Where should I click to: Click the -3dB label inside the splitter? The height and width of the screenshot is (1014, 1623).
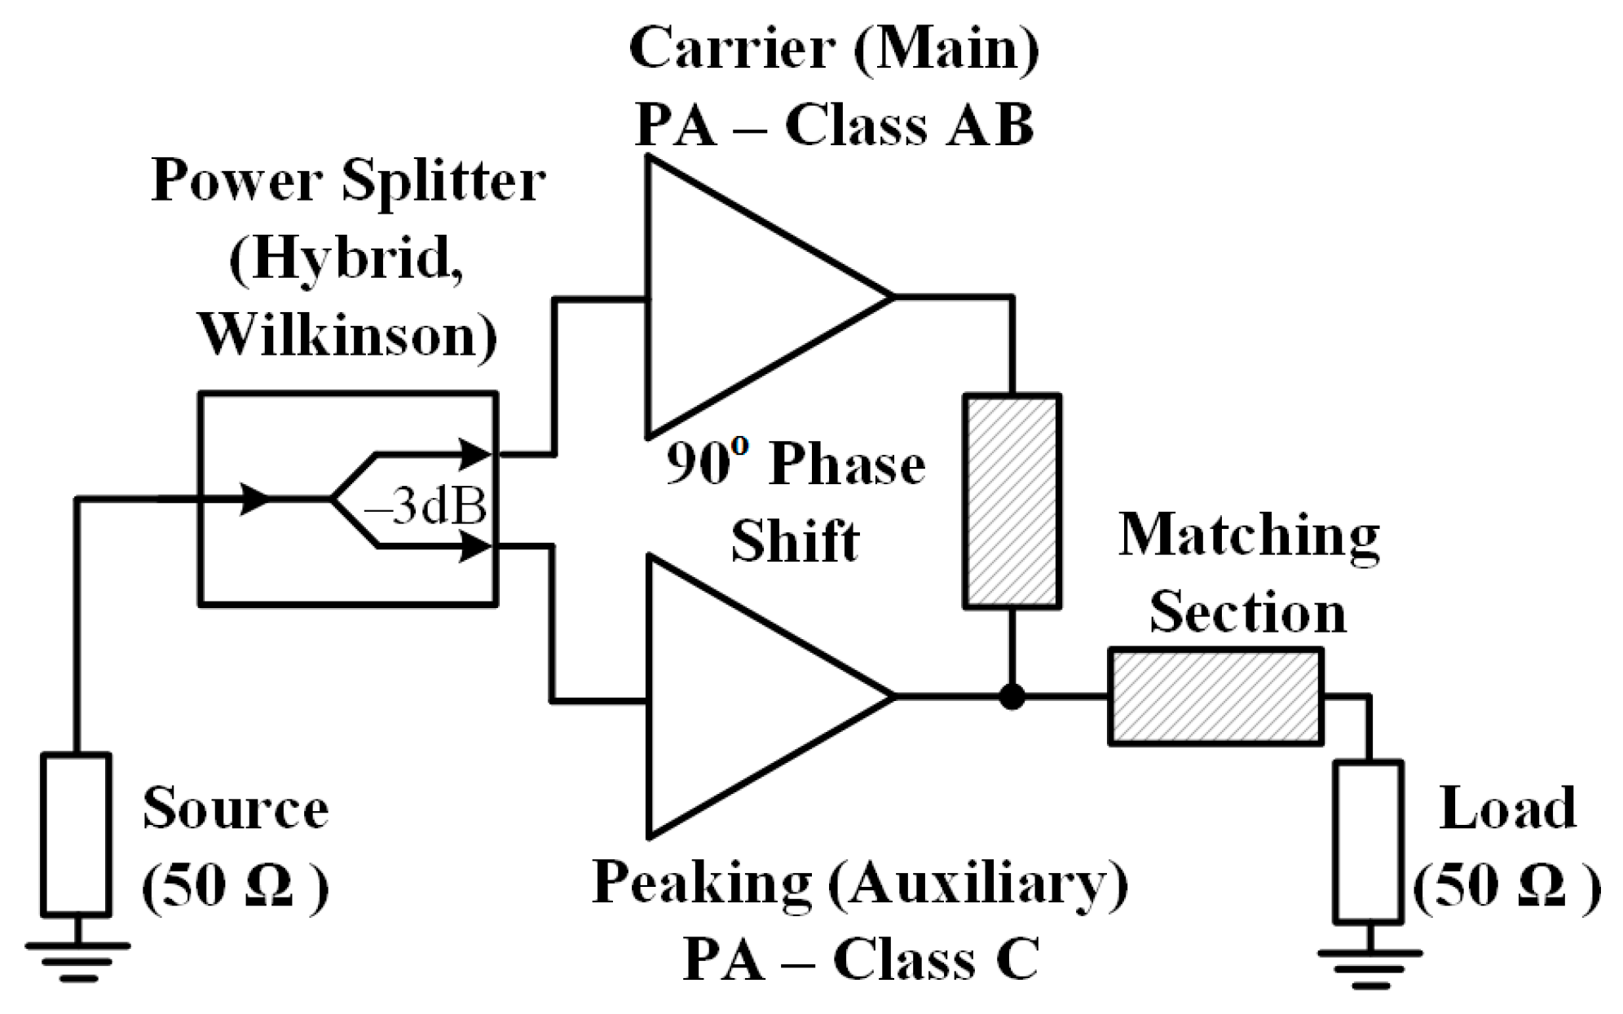coord(426,507)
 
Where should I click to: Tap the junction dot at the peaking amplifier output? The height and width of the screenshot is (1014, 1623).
coord(1012,697)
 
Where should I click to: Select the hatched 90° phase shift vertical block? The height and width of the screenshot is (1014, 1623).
coord(1012,501)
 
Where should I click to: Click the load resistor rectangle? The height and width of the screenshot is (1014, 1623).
coord(1369,842)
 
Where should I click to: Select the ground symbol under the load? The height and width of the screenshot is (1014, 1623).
coord(1369,966)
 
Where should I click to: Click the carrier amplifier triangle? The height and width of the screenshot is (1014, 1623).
coord(742,298)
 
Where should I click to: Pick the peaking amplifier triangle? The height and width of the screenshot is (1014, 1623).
coord(742,697)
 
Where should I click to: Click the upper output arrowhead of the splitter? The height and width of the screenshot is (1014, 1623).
coord(475,454)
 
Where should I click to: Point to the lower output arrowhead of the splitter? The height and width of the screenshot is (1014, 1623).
coord(475,546)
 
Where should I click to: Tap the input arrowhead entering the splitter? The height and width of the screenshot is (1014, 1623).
coord(254,497)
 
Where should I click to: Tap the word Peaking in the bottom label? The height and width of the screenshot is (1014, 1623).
coord(702,883)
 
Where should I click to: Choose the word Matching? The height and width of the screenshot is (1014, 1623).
coord(1249,536)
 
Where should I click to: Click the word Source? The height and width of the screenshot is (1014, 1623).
coord(236,809)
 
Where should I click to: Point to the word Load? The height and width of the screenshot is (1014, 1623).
coord(1507,809)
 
